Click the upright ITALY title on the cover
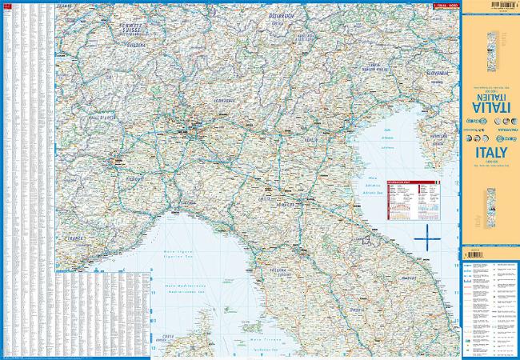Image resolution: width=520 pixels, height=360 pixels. coord(490,152)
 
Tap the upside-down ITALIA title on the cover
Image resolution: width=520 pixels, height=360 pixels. coord(490,105)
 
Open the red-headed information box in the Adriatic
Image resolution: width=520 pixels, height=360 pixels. coord(409,199)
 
